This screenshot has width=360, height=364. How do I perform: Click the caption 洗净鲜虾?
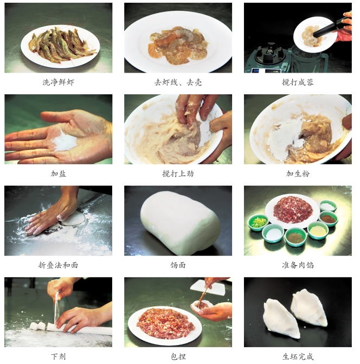point(59,82)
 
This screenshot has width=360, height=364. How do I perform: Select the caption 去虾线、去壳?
point(178,82)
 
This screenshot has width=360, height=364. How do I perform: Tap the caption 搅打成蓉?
point(298,82)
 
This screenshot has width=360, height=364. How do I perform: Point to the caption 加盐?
point(59,174)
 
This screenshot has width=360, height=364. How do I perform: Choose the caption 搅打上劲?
point(178,174)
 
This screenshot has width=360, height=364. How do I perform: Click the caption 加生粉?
point(298,174)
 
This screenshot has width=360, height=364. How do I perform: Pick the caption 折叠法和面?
point(59,265)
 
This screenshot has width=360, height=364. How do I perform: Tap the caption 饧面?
point(178,265)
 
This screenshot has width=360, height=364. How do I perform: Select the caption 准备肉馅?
point(298,265)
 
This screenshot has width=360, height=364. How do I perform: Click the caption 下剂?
point(59,356)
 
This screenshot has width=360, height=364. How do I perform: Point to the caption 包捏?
point(178,356)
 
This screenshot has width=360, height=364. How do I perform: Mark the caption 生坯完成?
point(298,356)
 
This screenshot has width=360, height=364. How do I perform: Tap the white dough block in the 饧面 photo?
point(180,222)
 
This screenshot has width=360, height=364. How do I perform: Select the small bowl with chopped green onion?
point(258,223)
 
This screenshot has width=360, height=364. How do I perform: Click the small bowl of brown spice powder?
point(328,218)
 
